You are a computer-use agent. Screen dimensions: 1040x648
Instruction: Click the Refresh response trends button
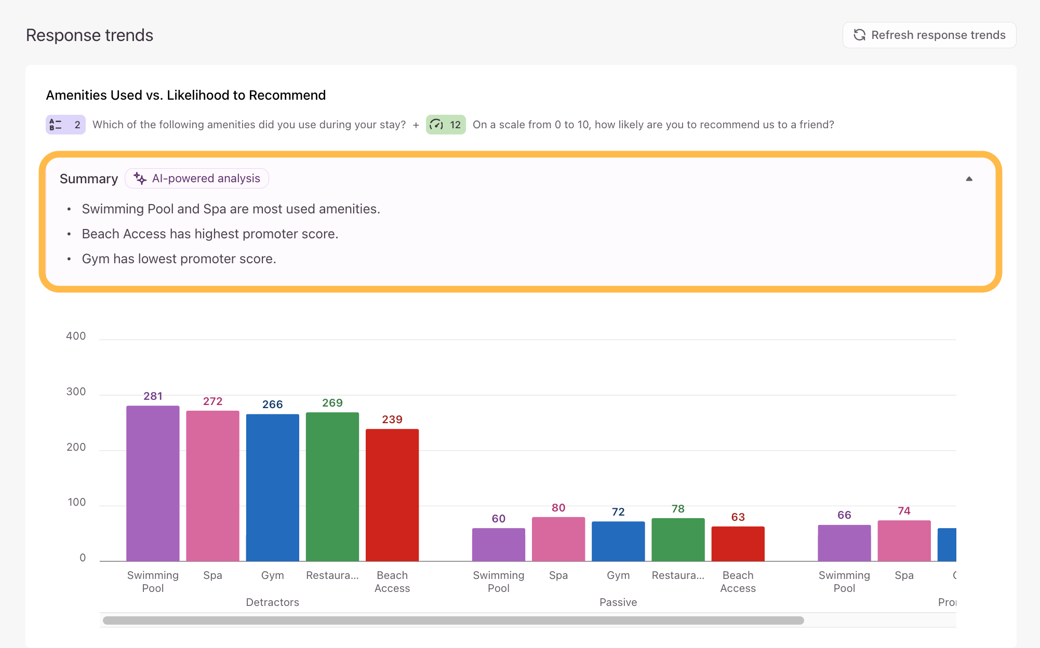point(929,35)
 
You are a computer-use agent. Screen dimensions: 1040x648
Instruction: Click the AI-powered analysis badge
point(197,178)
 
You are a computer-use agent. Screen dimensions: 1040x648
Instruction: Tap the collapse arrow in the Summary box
point(969,179)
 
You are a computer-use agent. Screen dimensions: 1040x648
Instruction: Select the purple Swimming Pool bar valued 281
point(153,483)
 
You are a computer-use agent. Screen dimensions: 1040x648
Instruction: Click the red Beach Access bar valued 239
point(392,495)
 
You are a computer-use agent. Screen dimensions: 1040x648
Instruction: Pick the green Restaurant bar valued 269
point(332,487)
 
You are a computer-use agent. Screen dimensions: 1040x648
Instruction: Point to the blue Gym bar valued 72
point(618,541)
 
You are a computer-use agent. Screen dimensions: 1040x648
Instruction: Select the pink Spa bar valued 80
point(558,539)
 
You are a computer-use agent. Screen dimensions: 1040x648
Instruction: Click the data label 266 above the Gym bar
point(272,404)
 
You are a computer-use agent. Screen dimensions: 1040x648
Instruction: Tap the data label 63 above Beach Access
point(738,517)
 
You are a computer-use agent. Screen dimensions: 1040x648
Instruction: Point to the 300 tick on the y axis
point(76,392)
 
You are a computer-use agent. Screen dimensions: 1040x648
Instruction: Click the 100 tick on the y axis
point(76,502)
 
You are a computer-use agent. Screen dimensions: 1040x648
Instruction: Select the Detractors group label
point(272,602)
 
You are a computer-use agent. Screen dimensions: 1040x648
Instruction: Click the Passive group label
point(618,602)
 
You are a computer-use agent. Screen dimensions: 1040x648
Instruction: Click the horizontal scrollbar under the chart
point(453,620)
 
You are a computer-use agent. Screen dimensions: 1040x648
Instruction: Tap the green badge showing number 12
point(446,125)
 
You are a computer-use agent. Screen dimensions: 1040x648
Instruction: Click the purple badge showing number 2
point(65,125)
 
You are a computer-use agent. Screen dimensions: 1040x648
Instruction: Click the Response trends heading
point(89,35)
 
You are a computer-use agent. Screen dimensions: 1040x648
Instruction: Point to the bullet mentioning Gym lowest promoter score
point(179,259)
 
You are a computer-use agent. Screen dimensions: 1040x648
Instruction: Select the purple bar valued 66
point(844,543)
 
